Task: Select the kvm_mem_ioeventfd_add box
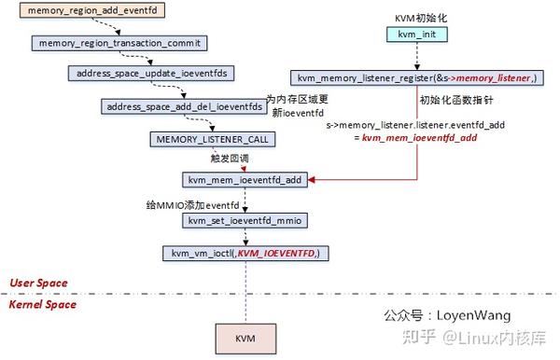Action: pos(245,177)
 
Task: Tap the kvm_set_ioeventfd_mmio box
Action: pos(245,220)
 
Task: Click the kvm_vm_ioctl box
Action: pos(246,253)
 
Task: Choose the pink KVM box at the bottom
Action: pos(246,336)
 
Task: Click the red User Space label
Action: pos(39,283)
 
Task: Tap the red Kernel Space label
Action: pos(43,304)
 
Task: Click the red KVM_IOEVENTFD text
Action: pos(276,253)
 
